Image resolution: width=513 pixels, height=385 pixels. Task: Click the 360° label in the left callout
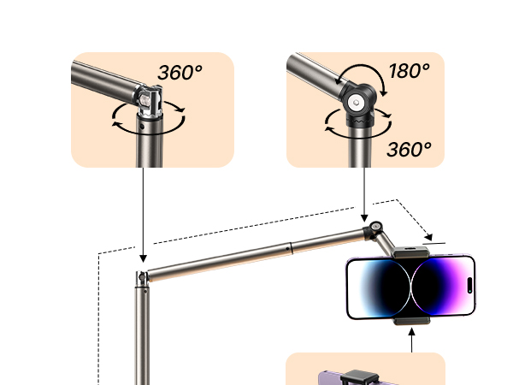coord(180,72)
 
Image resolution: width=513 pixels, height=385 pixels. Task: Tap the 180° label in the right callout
coord(410,70)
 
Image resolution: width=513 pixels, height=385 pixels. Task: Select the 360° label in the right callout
coord(409,149)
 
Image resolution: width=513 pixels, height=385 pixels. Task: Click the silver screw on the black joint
coord(356,103)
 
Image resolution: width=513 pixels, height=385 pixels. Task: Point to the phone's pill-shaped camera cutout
coord(469,285)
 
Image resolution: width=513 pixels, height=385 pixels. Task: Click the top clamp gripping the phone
coord(411,252)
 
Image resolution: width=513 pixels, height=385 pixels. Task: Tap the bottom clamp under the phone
coord(411,321)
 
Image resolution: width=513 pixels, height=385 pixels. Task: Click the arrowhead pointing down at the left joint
coord(143,258)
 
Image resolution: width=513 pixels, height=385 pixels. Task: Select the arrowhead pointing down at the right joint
coord(364,218)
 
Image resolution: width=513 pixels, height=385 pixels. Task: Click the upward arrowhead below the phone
coord(411,332)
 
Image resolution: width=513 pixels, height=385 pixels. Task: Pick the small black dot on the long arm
coord(287,249)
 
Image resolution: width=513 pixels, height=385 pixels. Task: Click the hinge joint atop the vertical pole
coord(142,277)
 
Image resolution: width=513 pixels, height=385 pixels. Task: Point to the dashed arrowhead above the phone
coord(428,237)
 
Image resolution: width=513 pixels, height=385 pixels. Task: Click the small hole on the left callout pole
coord(141,126)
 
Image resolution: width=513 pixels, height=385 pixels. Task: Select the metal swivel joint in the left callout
coord(149,101)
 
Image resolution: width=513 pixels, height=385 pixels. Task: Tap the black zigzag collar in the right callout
coord(360,121)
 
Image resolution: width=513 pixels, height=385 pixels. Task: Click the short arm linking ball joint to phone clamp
coord(386,243)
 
